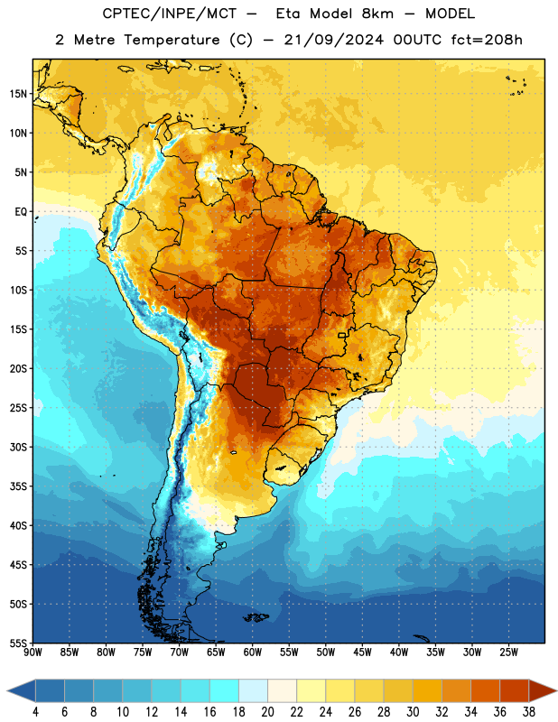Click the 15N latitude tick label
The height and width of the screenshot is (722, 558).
[18, 94]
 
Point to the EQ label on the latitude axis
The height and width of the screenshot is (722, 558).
[21, 212]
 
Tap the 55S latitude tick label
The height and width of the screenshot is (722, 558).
[18, 643]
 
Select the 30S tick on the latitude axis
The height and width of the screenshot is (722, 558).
[18, 447]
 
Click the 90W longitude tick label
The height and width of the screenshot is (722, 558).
[33, 652]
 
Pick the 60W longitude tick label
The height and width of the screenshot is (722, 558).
[253, 652]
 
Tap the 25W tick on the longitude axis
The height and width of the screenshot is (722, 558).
[508, 652]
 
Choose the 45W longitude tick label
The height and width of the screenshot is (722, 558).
[362, 652]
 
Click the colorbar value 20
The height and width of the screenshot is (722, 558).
[267, 712]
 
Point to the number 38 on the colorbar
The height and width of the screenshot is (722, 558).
[529, 712]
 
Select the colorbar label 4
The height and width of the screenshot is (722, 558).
[35, 712]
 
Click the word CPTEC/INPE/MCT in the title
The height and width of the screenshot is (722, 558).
[170, 14]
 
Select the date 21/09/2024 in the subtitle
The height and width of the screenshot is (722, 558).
[333, 40]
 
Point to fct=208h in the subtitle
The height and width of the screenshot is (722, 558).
[487, 40]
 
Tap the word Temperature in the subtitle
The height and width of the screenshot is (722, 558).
[172, 40]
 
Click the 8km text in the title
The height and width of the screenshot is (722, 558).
[377, 14]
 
